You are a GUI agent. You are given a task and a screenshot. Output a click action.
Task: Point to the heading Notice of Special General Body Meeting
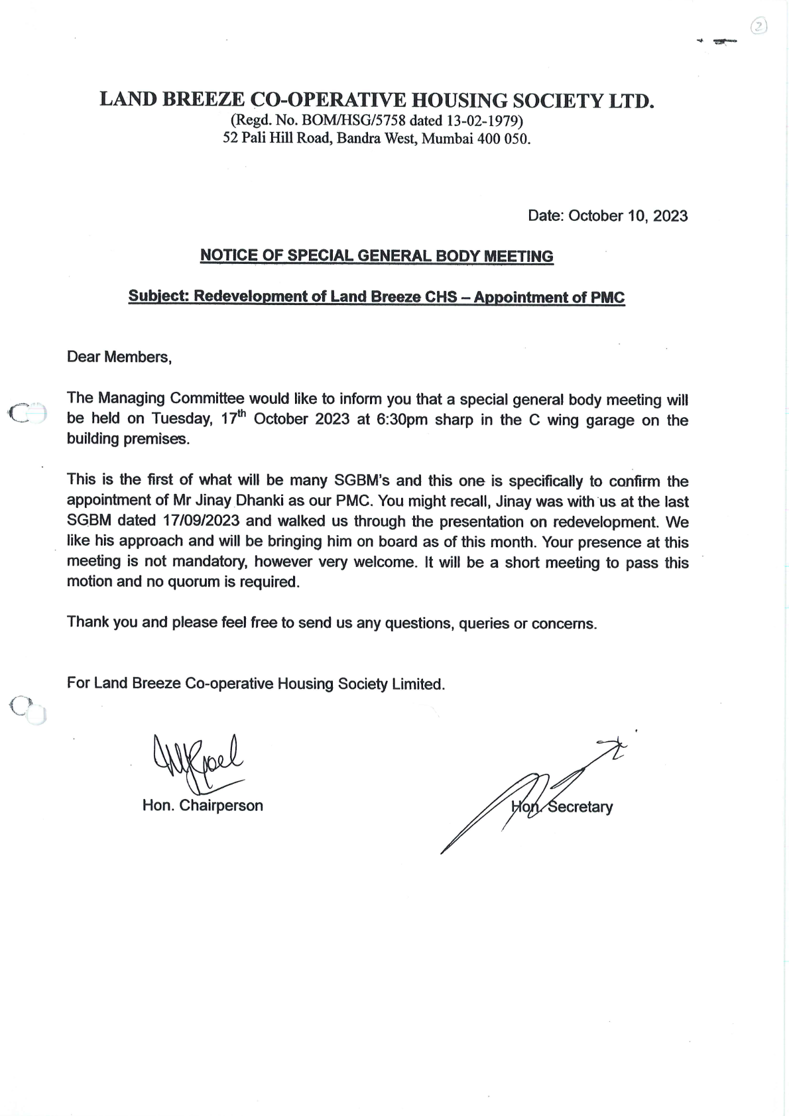377,256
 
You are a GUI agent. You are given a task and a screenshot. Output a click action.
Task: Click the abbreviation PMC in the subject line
607,297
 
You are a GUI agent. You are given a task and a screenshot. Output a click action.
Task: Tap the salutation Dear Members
119,357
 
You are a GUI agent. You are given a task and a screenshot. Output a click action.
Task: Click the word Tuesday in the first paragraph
180,420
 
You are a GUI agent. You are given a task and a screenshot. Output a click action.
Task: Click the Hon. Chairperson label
202,806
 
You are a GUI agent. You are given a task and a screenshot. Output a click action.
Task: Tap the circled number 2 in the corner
759,27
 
